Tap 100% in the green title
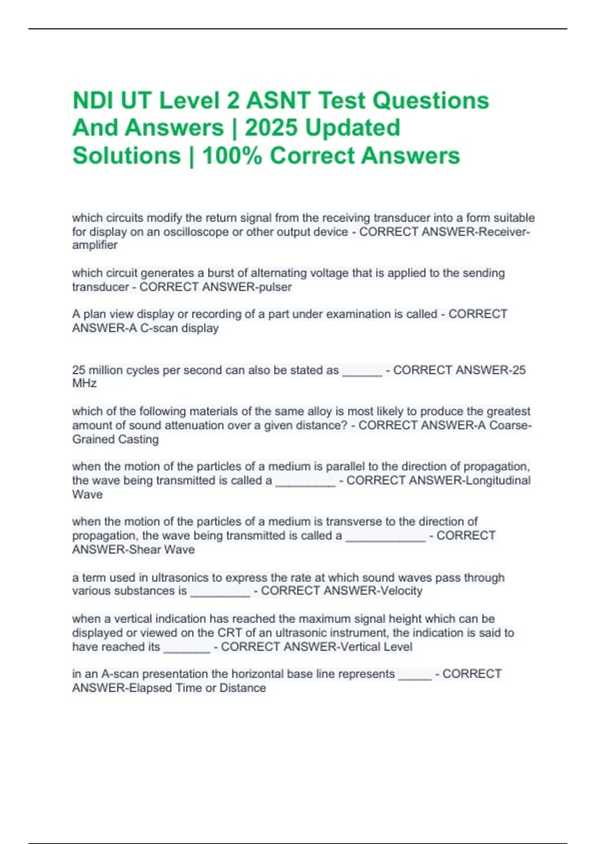pos(232,155)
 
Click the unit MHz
pos(84,383)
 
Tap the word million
pos(106,370)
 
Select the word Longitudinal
pos(498,481)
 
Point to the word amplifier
pos(95,245)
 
